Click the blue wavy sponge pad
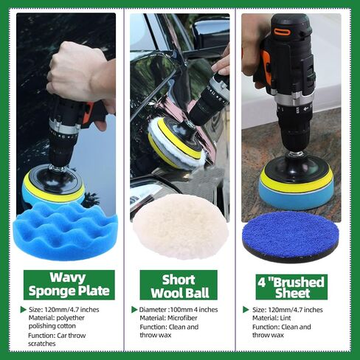pos(65,231)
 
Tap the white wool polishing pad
pos(181,226)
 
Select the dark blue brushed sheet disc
pos(291,237)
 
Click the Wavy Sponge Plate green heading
pos(69,285)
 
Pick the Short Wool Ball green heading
pos(179,285)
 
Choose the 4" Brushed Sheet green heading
pos(291,287)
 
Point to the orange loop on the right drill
pos(283,32)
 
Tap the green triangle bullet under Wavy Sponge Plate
pos(24,309)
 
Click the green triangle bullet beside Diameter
pos(134,309)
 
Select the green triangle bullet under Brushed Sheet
pos(246,309)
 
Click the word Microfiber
pos(182,318)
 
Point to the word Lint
pos(285,318)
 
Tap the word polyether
pos(70,318)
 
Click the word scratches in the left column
pos(42,344)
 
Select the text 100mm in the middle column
pos(181,309)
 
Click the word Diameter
pos(153,309)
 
